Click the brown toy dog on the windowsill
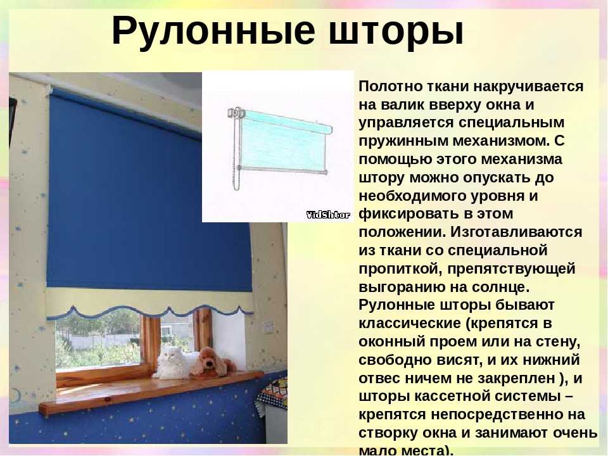tap(213, 362)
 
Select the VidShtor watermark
tap(329, 215)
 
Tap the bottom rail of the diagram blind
tap(282, 170)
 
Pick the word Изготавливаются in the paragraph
tap(516, 232)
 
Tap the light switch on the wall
tap(268, 327)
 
